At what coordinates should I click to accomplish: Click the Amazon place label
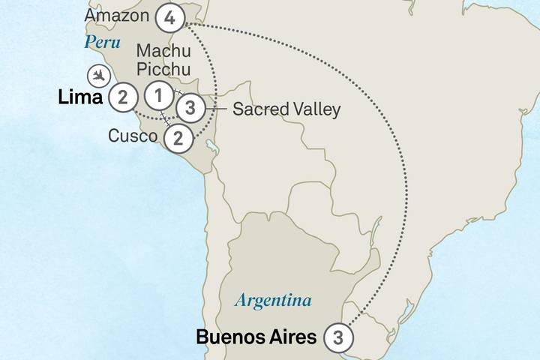[x=116, y=16]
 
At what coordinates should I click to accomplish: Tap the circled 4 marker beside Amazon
[x=171, y=16]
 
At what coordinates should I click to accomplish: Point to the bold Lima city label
[x=80, y=97]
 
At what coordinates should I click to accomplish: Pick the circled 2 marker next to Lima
[x=122, y=96]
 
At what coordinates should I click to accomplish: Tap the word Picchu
[x=164, y=70]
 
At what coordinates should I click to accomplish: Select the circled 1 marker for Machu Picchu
[x=158, y=96]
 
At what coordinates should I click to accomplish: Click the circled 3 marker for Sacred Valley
[x=190, y=109]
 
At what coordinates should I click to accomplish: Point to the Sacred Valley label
[x=286, y=109]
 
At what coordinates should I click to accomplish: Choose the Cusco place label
[x=132, y=136]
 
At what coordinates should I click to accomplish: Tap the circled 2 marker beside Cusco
[x=178, y=137]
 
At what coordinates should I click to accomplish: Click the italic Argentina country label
[x=272, y=301]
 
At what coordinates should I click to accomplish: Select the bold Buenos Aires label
[x=256, y=337]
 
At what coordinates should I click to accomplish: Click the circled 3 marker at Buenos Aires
[x=338, y=338]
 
